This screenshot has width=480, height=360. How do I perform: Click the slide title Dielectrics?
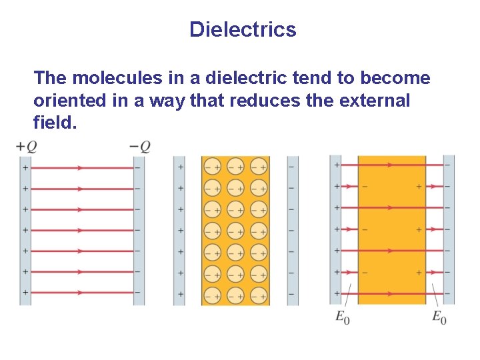click(242, 29)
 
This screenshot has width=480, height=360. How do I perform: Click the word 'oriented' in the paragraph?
click(65, 101)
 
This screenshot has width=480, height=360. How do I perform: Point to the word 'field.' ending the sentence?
click(51, 123)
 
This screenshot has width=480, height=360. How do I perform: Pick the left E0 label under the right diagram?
click(343, 317)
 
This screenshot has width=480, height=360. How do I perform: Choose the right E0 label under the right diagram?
click(439, 317)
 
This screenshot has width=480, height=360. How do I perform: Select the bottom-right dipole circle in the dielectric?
click(259, 295)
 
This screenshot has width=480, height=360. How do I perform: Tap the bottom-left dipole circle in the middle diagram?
click(213, 295)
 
